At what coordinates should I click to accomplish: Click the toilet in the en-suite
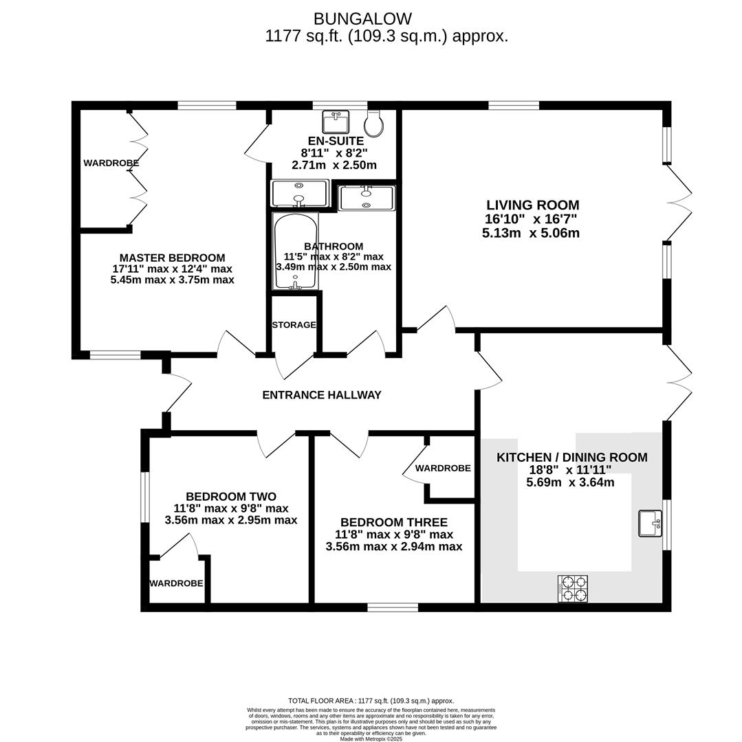374,123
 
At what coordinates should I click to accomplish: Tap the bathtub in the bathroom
295,251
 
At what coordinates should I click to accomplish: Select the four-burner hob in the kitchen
573,589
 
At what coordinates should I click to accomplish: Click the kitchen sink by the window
650,523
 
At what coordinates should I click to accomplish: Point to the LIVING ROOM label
532,205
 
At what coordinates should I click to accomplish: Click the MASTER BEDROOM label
172,258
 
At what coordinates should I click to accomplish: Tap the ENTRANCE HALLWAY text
322,395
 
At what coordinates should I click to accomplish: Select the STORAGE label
294,325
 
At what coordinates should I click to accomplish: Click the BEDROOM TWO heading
231,497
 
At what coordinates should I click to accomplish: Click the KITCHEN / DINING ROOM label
572,458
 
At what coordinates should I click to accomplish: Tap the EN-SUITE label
336,141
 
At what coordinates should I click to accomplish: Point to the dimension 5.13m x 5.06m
531,233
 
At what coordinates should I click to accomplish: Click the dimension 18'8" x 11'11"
569,470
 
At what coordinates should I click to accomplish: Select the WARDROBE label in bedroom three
443,469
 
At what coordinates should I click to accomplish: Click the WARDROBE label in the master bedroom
111,164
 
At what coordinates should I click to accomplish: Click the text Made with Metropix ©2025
371,739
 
